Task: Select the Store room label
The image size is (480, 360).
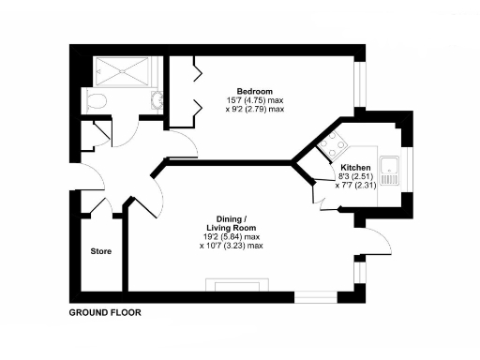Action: click(100, 252)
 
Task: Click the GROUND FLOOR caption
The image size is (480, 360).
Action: click(105, 313)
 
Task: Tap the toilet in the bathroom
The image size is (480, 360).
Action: click(97, 100)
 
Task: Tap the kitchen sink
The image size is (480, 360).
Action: click(396, 171)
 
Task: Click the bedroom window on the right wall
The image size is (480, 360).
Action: click(357, 85)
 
